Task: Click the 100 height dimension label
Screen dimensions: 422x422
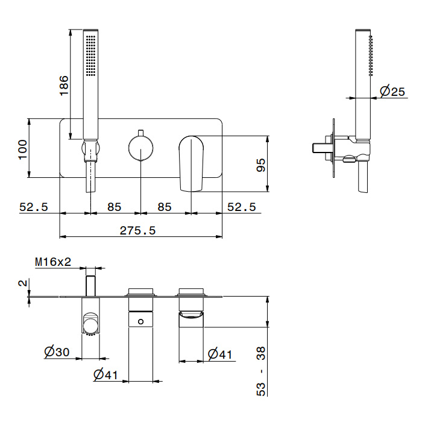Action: pyautogui.click(x=23, y=148)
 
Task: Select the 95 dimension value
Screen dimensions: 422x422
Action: pyautogui.click(x=261, y=165)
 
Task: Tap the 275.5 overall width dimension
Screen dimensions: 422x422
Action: pyautogui.click(x=137, y=230)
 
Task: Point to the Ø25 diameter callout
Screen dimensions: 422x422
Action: pyautogui.click(x=392, y=92)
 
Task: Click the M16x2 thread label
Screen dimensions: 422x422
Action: pyautogui.click(x=53, y=262)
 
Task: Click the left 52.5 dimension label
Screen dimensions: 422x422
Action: pyautogui.click(x=34, y=207)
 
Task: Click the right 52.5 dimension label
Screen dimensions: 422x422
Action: pyautogui.click(x=241, y=207)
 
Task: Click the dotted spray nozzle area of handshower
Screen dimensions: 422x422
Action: pyautogui.click(x=91, y=55)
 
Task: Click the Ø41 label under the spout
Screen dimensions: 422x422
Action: pyautogui.click(x=220, y=354)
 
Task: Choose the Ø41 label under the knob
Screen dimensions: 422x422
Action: pyautogui.click(x=106, y=374)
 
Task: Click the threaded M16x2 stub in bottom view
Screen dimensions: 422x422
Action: pyautogui.click(x=91, y=286)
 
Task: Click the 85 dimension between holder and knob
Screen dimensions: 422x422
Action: pyautogui.click(x=115, y=207)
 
